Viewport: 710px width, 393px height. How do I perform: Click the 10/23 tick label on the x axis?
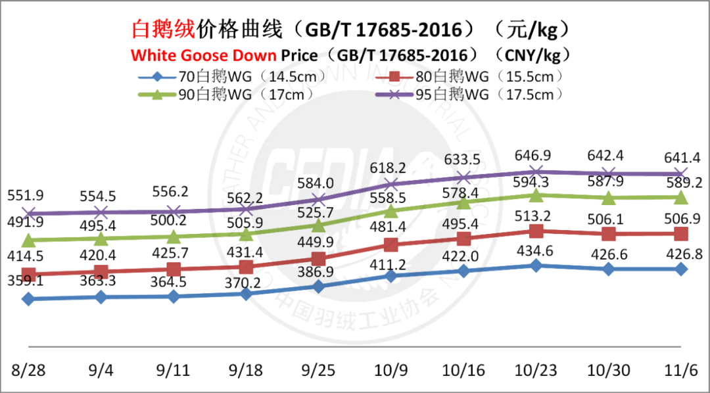(x=536, y=370)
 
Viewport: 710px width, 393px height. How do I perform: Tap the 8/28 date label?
(x=28, y=370)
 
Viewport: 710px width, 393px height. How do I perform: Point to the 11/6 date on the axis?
(x=680, y=370)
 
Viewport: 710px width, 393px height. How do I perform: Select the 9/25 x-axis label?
(x=318, y=370)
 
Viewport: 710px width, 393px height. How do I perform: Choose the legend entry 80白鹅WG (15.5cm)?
(x=490, y=76)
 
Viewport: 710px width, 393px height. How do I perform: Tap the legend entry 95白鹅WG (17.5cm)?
(x=490, y=94)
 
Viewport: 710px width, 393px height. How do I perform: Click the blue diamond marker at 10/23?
(x=536, y=266)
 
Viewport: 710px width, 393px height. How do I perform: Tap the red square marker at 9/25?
(x=318, y=258)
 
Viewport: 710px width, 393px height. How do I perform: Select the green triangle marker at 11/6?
(x=680, y=197)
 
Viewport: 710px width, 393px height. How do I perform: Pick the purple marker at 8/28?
(x=28, y=213)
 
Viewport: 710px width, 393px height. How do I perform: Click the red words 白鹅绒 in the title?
(x=164, y=30)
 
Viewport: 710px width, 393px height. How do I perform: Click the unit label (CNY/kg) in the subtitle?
(x=533, y=55)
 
